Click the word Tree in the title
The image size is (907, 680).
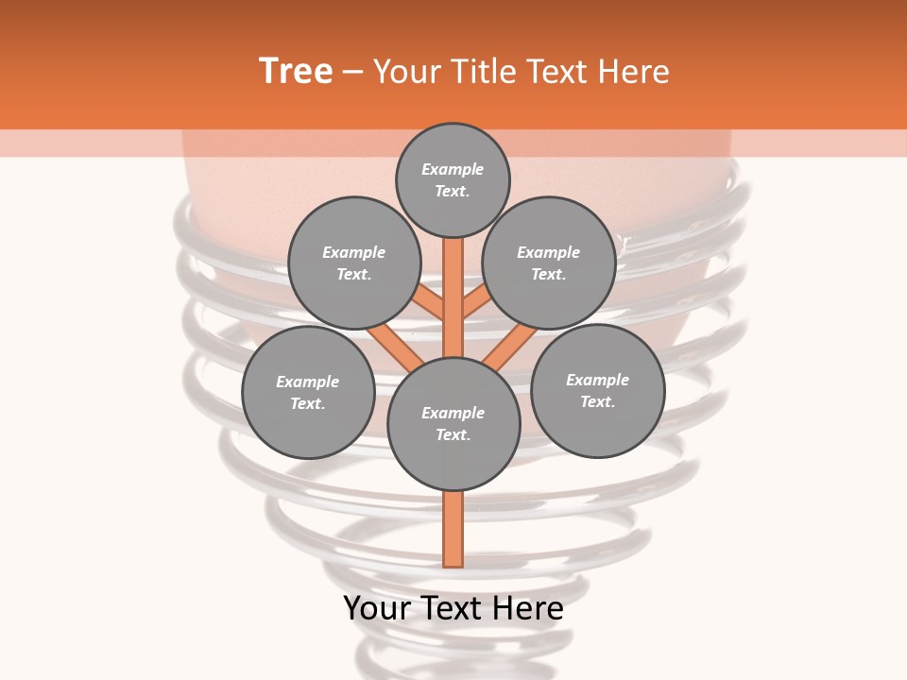coord(296,72)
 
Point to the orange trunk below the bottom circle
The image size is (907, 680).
coord(453,529)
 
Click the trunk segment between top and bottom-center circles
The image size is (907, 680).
coord(453,297)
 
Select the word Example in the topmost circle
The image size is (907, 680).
coord(453,170)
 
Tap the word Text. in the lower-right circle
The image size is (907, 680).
coord(597,402)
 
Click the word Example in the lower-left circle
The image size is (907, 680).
coord(307,382)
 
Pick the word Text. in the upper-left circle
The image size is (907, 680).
coord(354,275)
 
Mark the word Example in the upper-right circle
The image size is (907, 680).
coord(548,253)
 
